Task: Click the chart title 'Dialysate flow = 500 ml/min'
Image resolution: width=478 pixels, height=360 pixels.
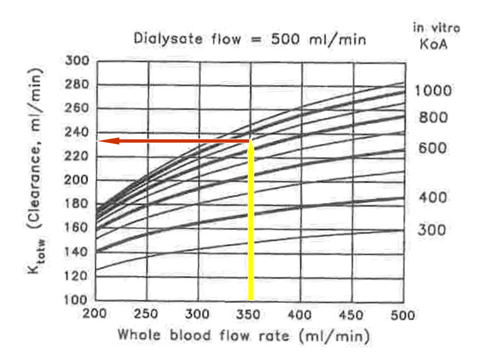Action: point(250,39)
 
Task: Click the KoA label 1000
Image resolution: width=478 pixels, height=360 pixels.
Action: point(433,90)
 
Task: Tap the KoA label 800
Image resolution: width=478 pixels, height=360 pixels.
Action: point(433,118)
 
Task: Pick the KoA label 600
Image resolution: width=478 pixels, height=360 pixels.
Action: point(433,148)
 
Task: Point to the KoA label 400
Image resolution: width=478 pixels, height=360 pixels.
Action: point(433,198)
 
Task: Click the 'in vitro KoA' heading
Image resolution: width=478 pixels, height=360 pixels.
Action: point(436,34)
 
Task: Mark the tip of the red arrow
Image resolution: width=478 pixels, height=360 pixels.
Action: point(98,141)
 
